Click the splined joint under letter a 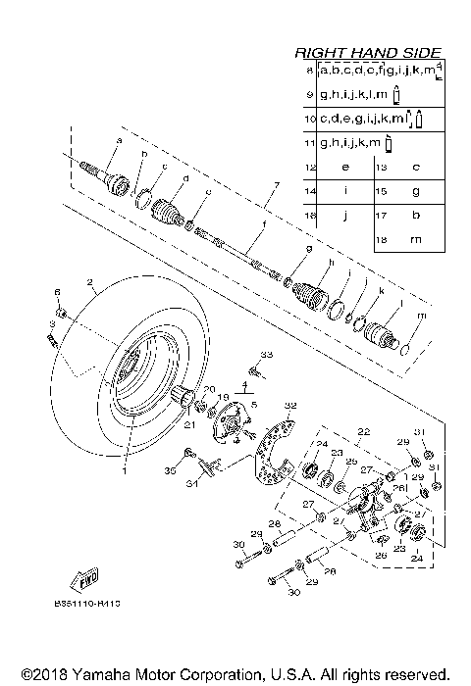pyautogui.click(x=115, y=178)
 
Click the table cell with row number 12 pyautogui.click(x=309, y=166)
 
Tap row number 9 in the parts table pyautogui.click(x=309, y=94)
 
